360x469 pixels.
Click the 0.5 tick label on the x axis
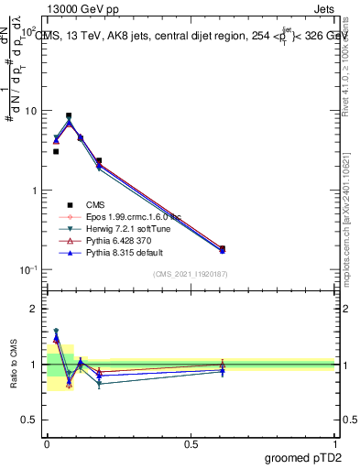point(190,443)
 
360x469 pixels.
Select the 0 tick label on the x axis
point(47,443)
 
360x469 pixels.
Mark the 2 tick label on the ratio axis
point(33,309)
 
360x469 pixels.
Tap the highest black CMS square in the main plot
point(69,116)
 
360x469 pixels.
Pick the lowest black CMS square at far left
point(56,152)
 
